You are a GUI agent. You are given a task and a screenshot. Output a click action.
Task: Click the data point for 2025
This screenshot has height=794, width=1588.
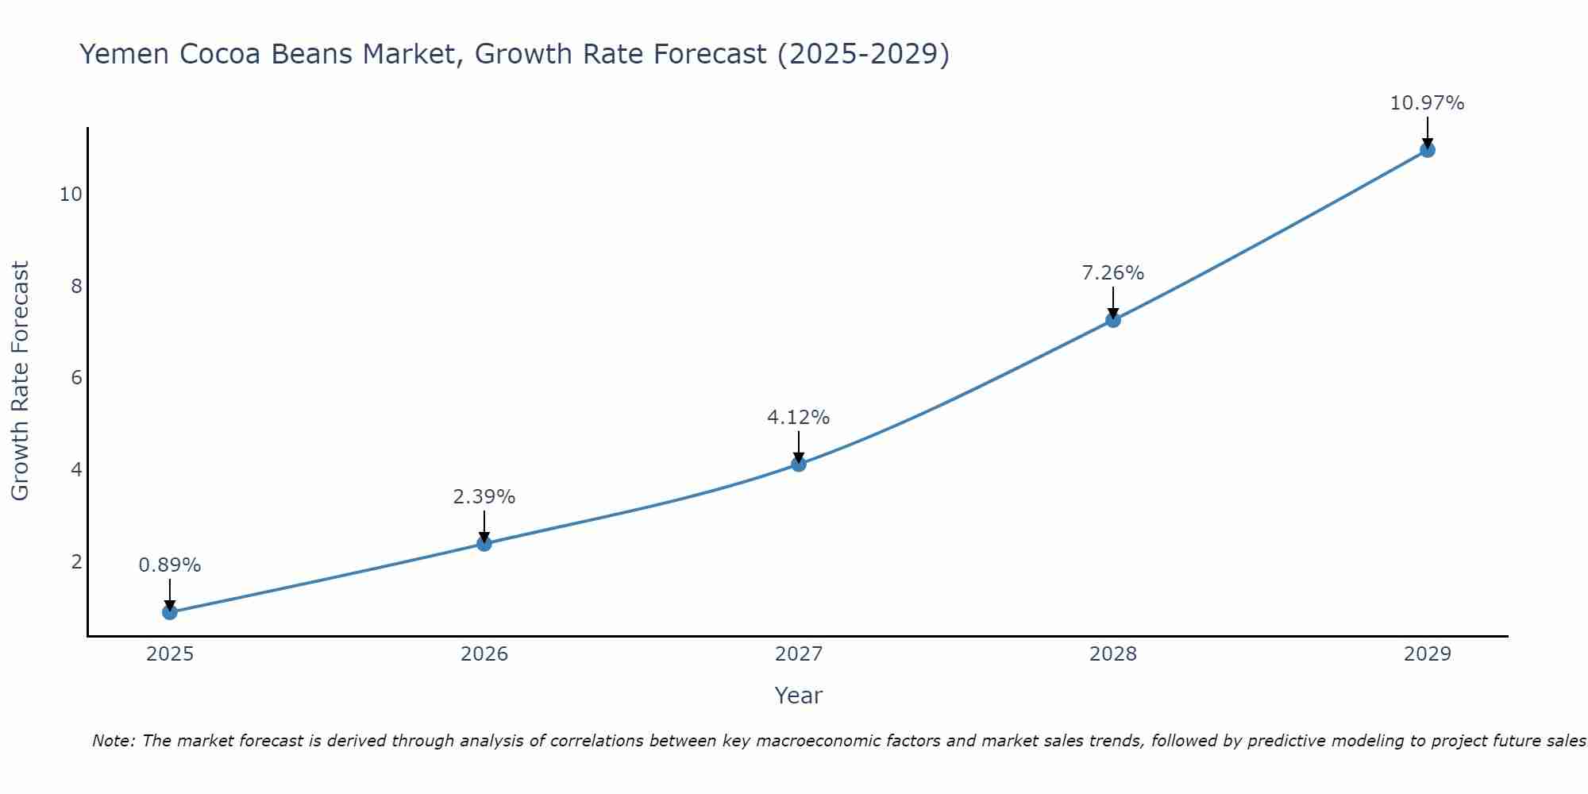point(170,612)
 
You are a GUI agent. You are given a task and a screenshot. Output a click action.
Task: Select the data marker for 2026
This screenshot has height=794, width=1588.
point(484,543)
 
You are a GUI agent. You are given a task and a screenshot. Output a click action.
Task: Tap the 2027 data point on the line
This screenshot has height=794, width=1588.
point(799,464)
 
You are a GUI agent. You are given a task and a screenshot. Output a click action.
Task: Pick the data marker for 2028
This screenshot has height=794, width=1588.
point(1113,320)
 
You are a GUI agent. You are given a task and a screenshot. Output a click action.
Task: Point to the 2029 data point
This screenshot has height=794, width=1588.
point(1427,150)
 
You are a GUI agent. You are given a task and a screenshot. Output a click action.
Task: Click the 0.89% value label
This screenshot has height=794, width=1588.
point(170,565)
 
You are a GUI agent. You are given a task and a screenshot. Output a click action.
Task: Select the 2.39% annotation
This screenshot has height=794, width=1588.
point(484,497)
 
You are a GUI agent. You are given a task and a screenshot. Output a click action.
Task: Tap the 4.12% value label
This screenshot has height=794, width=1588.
point(799,418)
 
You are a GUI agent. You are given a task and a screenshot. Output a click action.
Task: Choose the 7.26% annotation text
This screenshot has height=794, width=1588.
point(1113,273)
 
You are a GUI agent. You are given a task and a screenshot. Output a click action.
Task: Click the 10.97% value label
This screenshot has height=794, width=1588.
point(1427,103)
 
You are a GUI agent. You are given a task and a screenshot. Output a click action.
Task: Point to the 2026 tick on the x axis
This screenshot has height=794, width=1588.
point(484,654)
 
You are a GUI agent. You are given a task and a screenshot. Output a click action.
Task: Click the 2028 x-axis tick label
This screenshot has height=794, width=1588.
point(1113,654)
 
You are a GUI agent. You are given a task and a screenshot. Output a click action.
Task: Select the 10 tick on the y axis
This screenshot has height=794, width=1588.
point(71,194)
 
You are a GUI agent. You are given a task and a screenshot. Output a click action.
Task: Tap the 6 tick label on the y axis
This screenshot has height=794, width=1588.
point(76,377)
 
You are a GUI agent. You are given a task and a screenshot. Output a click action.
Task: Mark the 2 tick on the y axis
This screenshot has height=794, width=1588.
point(76,561)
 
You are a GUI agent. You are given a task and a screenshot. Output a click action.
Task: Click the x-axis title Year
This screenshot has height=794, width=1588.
point(799,696)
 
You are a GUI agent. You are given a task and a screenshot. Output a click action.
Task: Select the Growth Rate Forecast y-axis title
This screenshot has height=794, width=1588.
point(20,380)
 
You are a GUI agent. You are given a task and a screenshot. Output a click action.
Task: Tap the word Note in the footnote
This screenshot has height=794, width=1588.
point(113,741)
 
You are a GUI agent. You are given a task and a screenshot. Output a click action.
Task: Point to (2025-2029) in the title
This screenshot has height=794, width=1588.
point(863,54)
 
